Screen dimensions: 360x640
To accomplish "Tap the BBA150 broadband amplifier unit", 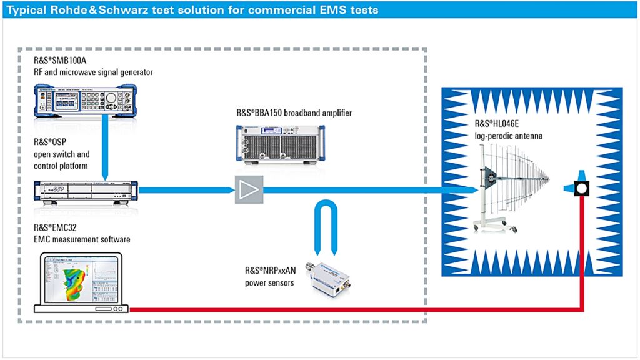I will coord(281,144).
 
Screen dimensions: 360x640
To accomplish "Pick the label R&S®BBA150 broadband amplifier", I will coord(294,112).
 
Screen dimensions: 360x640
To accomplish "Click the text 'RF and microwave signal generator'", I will coord(93,72).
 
